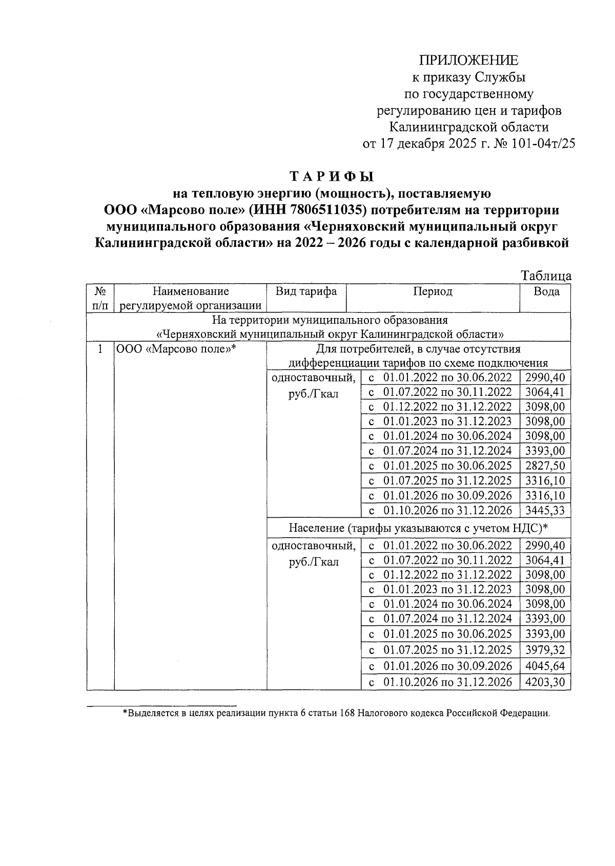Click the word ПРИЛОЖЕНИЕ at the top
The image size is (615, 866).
click(469, 60)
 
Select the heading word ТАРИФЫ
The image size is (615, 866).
click(332, 177)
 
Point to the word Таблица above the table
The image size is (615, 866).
click(546, 276)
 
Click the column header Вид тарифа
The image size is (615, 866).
click(306, 292)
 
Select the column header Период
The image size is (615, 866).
click(433, 292)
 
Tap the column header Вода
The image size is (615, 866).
click(546, 292)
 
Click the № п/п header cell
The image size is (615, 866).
click(100, 299)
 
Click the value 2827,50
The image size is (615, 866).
click(545, 466)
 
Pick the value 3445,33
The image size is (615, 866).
click(545, 510)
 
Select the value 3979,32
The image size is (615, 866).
click(545, 650)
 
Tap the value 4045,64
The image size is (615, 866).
click(545, 666)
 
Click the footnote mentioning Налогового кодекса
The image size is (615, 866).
click(336, 713)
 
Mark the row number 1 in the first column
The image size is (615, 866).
click(100, 349)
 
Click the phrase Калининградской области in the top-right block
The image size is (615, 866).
click(469, 127)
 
